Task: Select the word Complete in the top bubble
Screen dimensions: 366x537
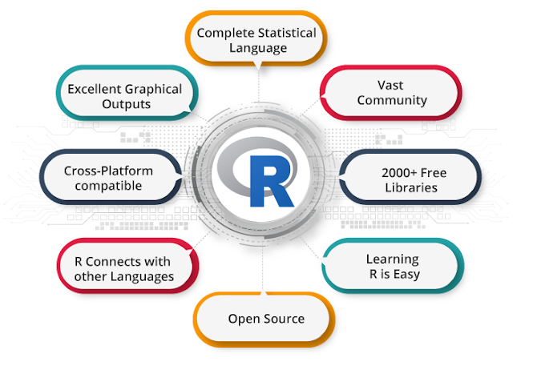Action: [x=224, y=33]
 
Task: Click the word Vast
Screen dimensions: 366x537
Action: [x=392, y=84]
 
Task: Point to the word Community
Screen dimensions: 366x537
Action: [x=392, y=100]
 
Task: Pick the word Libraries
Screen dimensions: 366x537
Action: [x=410, y=187]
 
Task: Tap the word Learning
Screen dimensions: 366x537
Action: [x=392, y=259]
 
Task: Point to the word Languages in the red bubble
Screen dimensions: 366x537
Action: [x=144, y=276]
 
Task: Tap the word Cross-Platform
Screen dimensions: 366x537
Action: [x=108, y=171]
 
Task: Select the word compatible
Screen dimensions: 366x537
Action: [x=108, y=186]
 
